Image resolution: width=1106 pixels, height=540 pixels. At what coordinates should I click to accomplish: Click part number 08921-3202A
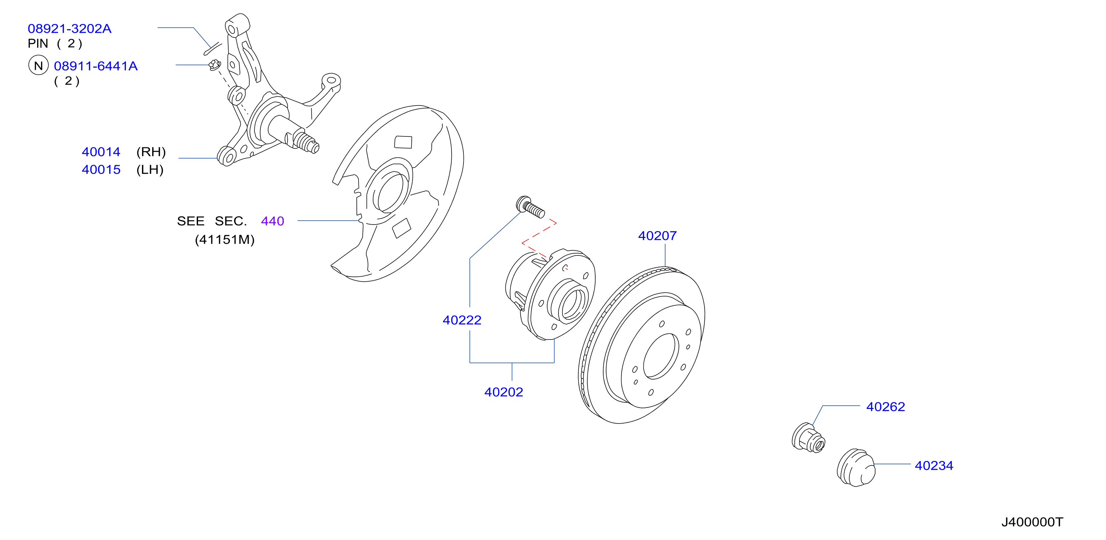coord(70,29)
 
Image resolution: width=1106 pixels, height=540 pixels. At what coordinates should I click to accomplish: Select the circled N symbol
coord(39,65)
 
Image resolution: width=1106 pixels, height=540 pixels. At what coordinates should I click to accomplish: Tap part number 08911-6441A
coord(96,66)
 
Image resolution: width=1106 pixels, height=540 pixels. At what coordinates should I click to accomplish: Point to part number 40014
coord(101,152)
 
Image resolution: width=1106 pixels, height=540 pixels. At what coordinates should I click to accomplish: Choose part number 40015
coord(101,170)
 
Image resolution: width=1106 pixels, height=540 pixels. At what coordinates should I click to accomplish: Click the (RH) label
coord(151,152)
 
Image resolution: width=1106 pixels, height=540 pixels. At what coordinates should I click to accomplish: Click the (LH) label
coord(150,170)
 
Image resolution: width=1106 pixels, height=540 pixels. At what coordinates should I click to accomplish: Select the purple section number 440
coord(273,221)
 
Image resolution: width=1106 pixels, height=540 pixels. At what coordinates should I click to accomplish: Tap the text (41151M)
coord(225,239)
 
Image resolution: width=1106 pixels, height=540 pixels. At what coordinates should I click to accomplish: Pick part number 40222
coord(462,320)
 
